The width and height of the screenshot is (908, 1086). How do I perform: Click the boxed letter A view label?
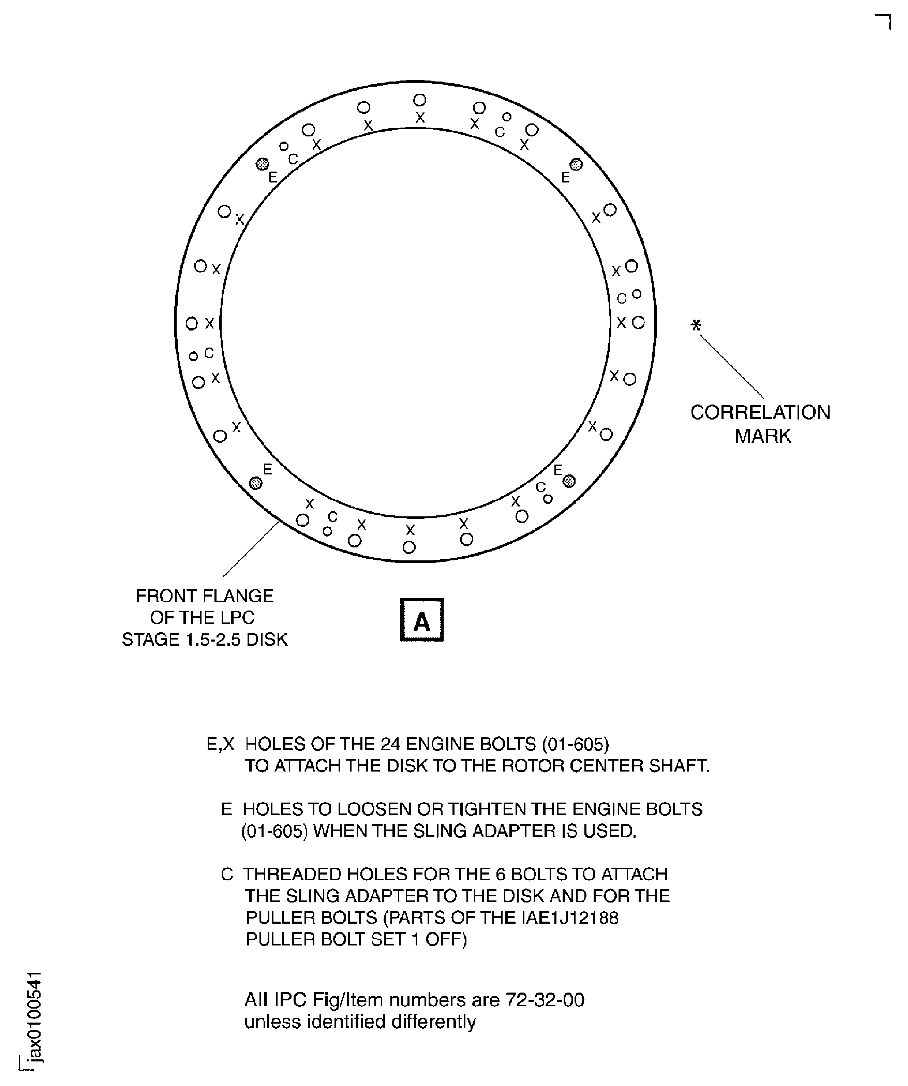point(422,620)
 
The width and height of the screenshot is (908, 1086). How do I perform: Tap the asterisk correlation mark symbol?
point(696,325)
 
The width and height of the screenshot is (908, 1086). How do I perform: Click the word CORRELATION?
point(760,413)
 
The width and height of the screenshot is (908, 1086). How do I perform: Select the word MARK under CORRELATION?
point(763,436)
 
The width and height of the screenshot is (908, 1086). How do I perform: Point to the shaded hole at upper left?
point(263,164)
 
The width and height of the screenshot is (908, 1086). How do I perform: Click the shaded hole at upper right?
point(576,164)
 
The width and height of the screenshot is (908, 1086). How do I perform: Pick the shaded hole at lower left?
point(255,483)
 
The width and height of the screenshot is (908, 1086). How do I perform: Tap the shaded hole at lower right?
point(569,482)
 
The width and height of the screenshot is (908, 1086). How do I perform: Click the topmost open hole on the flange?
point(420,100)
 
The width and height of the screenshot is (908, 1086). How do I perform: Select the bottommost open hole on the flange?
point(409,547)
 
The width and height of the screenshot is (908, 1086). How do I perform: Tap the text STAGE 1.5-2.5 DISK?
point(205,640)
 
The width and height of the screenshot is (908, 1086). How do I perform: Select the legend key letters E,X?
point(220,744)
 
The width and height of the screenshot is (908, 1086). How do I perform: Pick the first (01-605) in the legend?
point(576,744)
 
